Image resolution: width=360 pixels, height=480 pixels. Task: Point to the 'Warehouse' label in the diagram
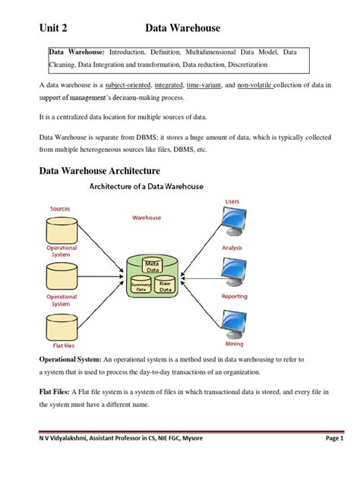click(147, 217)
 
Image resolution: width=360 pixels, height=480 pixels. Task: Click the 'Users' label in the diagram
click(232, 201)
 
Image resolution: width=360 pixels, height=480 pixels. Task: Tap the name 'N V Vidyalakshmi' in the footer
click(54, 460)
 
